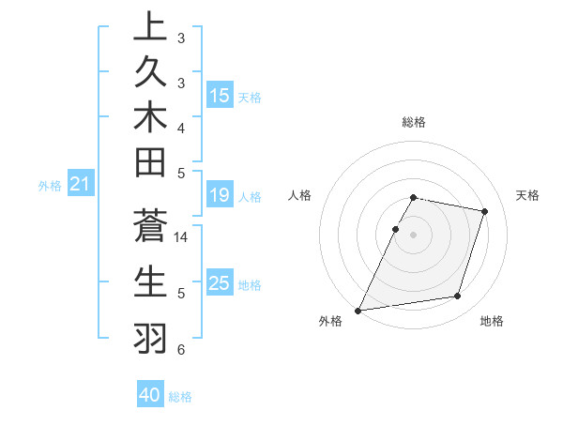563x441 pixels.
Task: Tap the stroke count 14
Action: coord(181,237)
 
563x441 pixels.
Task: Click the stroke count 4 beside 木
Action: coord(181,127)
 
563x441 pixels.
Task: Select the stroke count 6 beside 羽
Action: coord(181,350)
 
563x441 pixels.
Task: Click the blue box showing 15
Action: coord(220,96)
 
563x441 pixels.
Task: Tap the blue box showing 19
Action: coord(220,195)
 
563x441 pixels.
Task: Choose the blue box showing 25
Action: coord(220,283)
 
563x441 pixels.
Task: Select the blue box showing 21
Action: coord(80,185)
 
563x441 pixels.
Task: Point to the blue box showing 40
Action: coord(150,395)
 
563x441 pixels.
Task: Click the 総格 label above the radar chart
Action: coord(414,122)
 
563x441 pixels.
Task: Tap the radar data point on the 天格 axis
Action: coord(485,212)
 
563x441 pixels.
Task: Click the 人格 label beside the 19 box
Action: coord(249,197)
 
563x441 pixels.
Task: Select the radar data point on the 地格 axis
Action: coord(458,297)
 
